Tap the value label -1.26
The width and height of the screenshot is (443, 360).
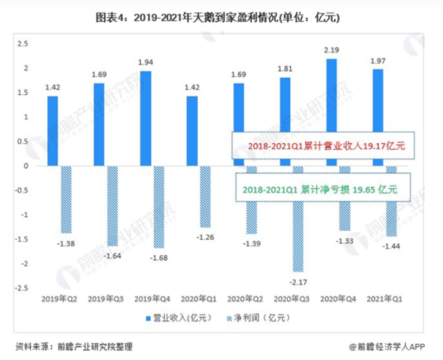[x=205, y=236]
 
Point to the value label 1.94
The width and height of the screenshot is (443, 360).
[x=145, y=63]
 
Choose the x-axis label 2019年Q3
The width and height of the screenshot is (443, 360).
[x=105, y=298]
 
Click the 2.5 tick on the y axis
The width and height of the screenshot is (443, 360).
[x=22, y=44]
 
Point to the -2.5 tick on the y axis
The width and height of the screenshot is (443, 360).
[x=21, y=288]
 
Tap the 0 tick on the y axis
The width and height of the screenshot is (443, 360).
[x=25, y=166]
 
